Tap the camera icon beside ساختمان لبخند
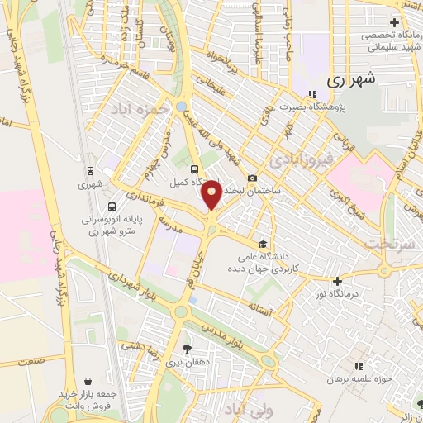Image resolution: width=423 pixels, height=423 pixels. [251, 178]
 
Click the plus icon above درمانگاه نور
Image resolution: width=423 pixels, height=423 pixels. [337, 282]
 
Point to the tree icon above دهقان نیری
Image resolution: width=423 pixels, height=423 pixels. [187, 349]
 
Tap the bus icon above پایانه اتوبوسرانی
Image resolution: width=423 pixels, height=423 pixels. [112, 207]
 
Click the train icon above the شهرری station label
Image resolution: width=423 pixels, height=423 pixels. [88, 172]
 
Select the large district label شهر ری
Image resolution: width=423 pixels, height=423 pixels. [351, 80]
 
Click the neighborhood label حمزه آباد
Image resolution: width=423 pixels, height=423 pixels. [140, 108]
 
